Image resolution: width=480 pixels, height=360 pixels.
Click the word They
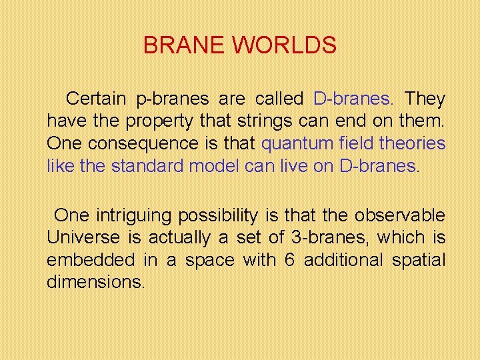point(425,99)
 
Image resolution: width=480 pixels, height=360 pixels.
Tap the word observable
point(400,215)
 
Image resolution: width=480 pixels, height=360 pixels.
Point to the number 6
point(289,259)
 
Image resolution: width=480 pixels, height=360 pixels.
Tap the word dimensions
point(95,281)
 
